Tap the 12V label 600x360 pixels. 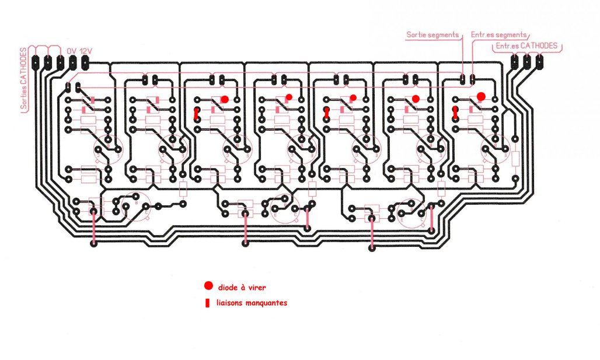click(85, 51)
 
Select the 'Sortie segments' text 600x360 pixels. click(432, 35)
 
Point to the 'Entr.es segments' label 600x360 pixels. click(498, 35)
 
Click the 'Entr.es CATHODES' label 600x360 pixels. click(526, 45)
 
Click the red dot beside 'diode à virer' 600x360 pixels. click(208, 286)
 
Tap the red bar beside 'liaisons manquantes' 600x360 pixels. click(207, 303)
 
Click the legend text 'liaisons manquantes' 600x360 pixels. click(252, 303)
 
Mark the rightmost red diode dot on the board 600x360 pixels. click(481, 96)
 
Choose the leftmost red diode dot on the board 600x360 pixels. click(224, 99)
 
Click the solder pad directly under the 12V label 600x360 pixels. click(85, 60)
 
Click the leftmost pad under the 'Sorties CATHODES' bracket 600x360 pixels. click(36, 60)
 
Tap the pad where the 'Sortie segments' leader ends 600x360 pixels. click(462, 77)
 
